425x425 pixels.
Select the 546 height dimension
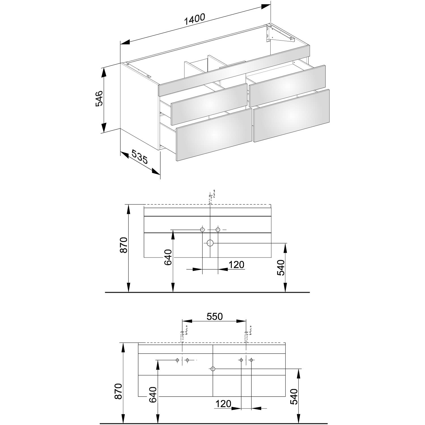tap(99, 99)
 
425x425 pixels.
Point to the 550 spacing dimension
tap(214, 316)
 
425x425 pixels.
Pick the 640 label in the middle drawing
tap(168, 257)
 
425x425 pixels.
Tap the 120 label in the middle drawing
tap(236, 264)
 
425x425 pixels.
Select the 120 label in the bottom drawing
tap(223, 403)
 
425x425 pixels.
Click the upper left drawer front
tap(209, 104)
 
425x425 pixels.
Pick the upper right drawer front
tap(287, 86)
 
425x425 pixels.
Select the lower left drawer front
tap(214, 135)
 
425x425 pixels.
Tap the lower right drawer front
tap(292, 116)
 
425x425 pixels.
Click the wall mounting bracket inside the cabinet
tap(279, 34)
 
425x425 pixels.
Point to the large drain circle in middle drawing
tap(210, 243)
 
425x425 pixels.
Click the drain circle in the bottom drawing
tap(213, 369)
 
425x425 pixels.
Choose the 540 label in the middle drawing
tap(280, 268)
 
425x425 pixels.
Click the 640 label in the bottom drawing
tap(152, 395)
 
